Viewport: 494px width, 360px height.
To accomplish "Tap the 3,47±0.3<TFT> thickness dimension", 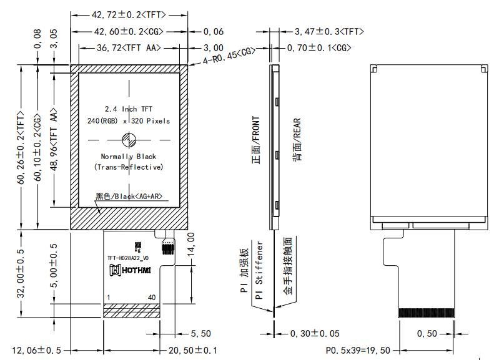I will click(x=329, y=31).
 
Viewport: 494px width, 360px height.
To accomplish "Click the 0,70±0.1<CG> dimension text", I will click(x=319, y=47).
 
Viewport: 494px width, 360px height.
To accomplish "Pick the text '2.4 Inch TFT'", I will click(x=129, y=109).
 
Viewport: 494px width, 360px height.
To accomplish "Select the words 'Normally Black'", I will click(x=129, y=156).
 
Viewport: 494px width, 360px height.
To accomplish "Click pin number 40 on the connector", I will click(x=152, y=298).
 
